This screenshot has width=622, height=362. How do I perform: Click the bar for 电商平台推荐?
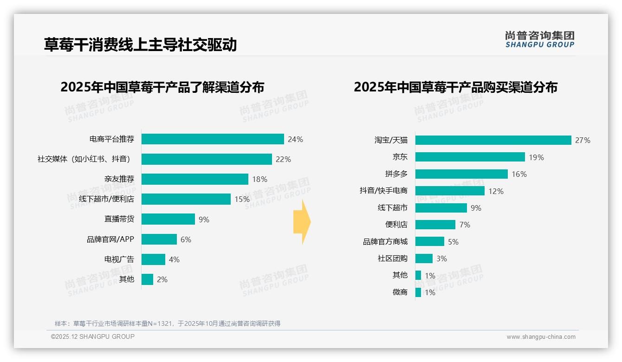tap(213, 139)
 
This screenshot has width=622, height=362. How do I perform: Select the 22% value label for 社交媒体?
tap(283, 159)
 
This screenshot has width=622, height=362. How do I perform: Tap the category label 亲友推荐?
tap(119, 179)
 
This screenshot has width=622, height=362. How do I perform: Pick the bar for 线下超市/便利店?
tap(186, 199)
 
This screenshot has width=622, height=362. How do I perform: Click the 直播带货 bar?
tap(168, 219)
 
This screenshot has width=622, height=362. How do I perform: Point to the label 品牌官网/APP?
tap(110, 239)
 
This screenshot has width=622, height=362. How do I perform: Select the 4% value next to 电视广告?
tap(174, 259)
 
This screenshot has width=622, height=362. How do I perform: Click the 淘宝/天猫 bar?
tap(493, 140)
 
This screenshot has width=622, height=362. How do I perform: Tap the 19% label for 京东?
tap(536, 157)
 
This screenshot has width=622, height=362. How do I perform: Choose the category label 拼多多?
tap(396, 174)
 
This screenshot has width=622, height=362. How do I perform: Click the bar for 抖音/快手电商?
tap(450, 191)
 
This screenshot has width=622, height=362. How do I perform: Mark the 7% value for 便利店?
tap(465, 225)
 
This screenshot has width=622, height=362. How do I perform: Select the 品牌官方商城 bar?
tap(430, 241)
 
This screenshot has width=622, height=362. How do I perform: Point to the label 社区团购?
tap(393, 259)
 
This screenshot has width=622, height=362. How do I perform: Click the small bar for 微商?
tap(418, 292)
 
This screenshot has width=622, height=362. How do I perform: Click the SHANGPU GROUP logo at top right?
tap(539, 39)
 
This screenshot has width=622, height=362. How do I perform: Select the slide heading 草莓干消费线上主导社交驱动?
tap(140, 45)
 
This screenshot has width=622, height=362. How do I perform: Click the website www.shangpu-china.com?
tap(541, 337)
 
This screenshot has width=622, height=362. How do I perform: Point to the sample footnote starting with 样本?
tap(168, 323)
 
